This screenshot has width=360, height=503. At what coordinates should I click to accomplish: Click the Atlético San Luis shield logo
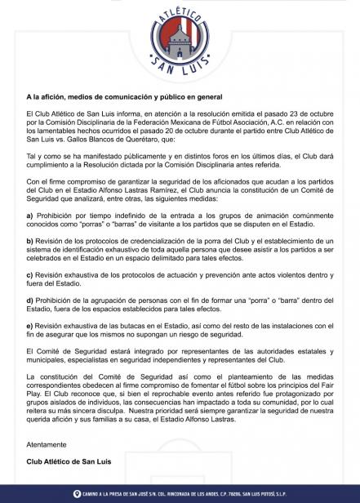pyautogui.click(x=179, y=39)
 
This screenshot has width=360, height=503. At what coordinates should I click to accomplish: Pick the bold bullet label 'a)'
pyautogui.click(x=30, y=215)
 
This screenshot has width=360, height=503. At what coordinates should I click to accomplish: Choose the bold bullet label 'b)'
pyautogui.click(x=30, y=241)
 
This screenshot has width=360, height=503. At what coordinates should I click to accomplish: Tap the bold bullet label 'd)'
pyautogui.click(x=30, y=300)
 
